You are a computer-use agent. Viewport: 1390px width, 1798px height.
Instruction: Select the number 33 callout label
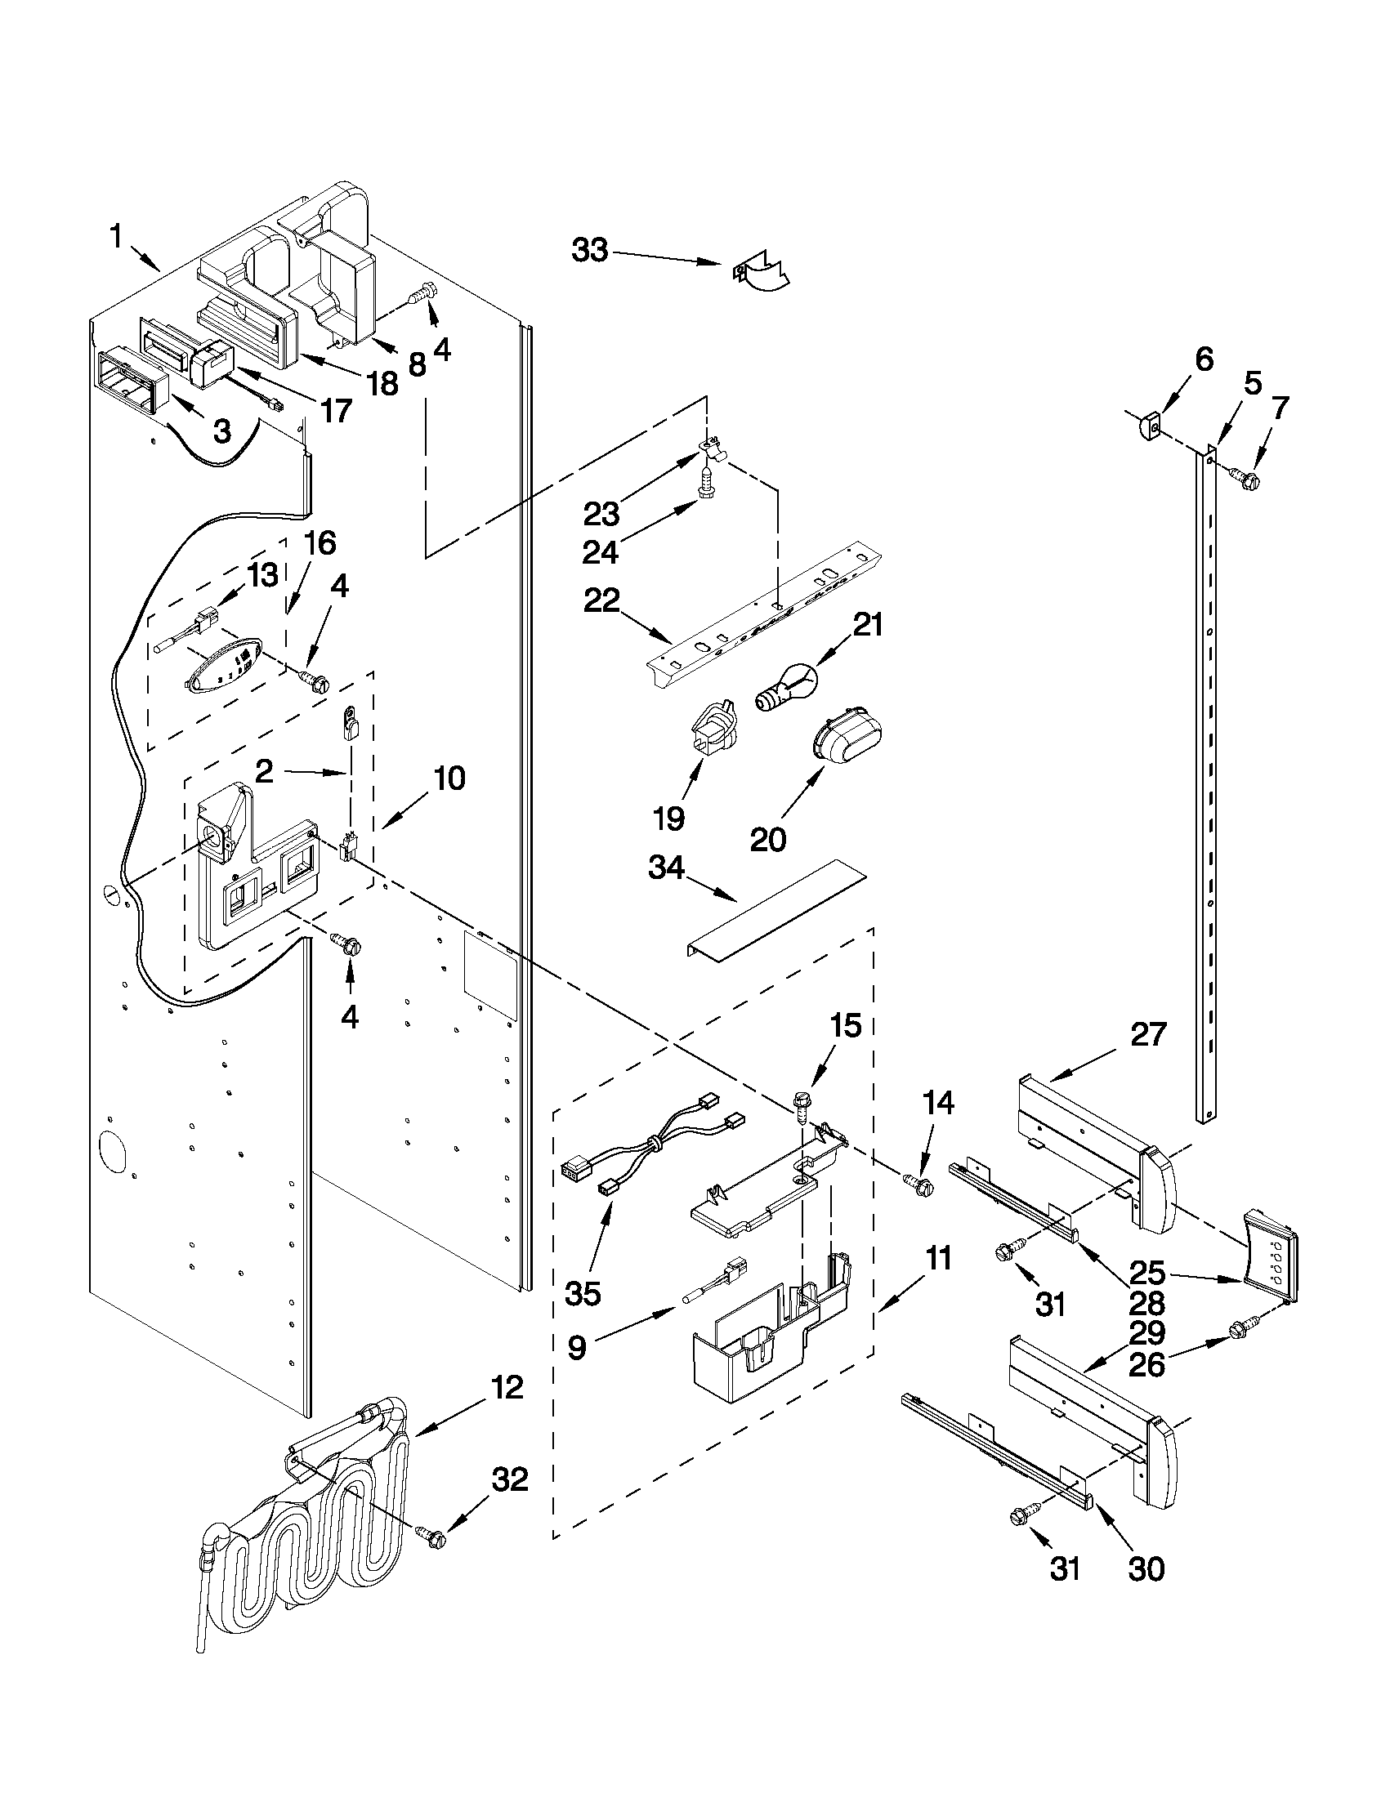pyautogui.click(x=590, y=250)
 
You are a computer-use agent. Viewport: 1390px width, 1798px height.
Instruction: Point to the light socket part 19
pyautogui.click(x=712, y=726)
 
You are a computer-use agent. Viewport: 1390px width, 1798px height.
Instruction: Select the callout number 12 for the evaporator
pyautogui.click(x=507, y=1388)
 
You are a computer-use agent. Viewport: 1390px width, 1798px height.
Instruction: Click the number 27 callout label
pyautogui.click(x=1148, y=1034)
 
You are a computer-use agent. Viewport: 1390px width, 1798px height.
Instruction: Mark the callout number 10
pyautogui.click(x=449, y=778)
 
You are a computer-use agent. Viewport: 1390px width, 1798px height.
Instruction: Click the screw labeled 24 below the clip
pyautogui.click(x=707, y=482)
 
